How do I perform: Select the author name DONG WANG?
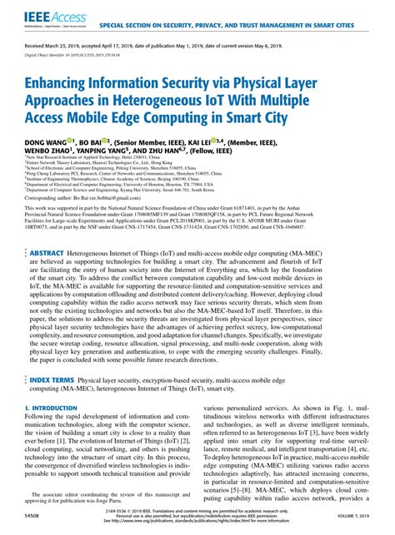coord(45,145)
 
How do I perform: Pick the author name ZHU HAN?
coord(179,156)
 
